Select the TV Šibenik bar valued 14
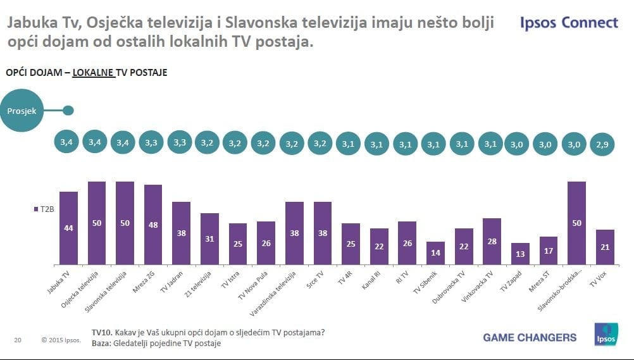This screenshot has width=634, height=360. pyautogui.click(x=435, y=253)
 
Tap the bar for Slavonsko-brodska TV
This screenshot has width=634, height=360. pyautogui.click(x=576, y=223)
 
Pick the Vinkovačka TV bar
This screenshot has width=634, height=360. pyautogui.click(x=491, y=241)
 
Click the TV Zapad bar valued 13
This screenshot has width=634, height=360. pyautogui.click(x=520, y=254)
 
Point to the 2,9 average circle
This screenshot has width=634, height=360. pyautogui.click(x=605, y=144)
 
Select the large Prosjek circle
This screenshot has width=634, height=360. pyautogui.click(x=22, y=111)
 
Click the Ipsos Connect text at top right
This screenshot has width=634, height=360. pyautogui.click(x=569, y=23)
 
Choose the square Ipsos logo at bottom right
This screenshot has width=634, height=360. pyautogui.click(x=606, y=335)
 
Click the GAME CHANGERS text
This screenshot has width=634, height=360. pyautogui.click(x=530, y=337)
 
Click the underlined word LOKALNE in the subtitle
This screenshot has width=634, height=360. pyautogui.click(x=93, y=73)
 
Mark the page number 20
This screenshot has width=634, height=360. pyautogui.click(x=18, y=340)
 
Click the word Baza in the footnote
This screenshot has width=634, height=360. pyautogui.click(x=101, y=343)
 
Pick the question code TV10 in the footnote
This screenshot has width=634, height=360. pyautogui.click(x=102, y=333)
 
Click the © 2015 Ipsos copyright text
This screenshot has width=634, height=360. pyautogui.click(x=61, y=340)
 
